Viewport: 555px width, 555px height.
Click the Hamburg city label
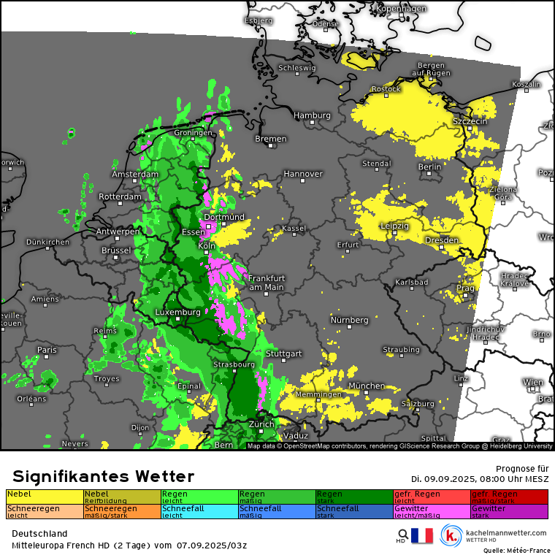click(x=312, y=115)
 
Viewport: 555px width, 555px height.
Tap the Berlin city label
click(x=429, y=166)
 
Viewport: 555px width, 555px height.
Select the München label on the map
click(x=367, y=386)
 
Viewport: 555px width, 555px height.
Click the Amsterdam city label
click(x=135, y=175)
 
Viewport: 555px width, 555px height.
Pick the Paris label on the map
click(x=47, y=350)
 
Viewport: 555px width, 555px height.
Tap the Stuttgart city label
click(x=284, y=353)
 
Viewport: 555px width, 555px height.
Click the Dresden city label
click(x=442, y=240)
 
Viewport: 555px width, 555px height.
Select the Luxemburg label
click(x=177, y=313)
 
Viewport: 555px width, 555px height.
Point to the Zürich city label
click(x=261, y=424)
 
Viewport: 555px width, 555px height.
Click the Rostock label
click(x=386, y=89)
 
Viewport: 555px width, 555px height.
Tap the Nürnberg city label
click(x=349, y=320)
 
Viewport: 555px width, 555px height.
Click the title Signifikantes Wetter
click(x=103, y=477)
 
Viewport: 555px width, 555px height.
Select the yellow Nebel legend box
click(x=45, y=497)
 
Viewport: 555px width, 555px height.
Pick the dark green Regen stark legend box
click(x=354, y=497)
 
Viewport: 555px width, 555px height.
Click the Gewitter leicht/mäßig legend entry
click(x=432, y=511)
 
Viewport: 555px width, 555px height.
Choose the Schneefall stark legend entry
click(x=354, y=511)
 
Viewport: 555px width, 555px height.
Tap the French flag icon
click(x=422, y=536)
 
